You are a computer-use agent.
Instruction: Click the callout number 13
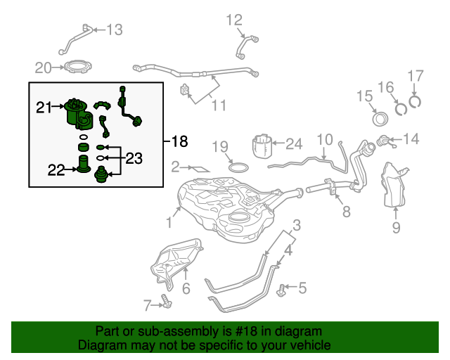pos(114,30)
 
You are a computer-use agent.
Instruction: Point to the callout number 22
pos(56,169)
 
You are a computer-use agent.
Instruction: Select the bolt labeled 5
pos(283,288)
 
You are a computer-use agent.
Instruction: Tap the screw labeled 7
pos(166,302)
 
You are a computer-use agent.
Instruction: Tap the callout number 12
pos(233,20)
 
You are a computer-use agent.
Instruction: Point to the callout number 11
pos(219,105)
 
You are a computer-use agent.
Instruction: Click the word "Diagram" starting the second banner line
pos(100,346)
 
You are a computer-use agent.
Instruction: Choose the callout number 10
pos(323,139)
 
